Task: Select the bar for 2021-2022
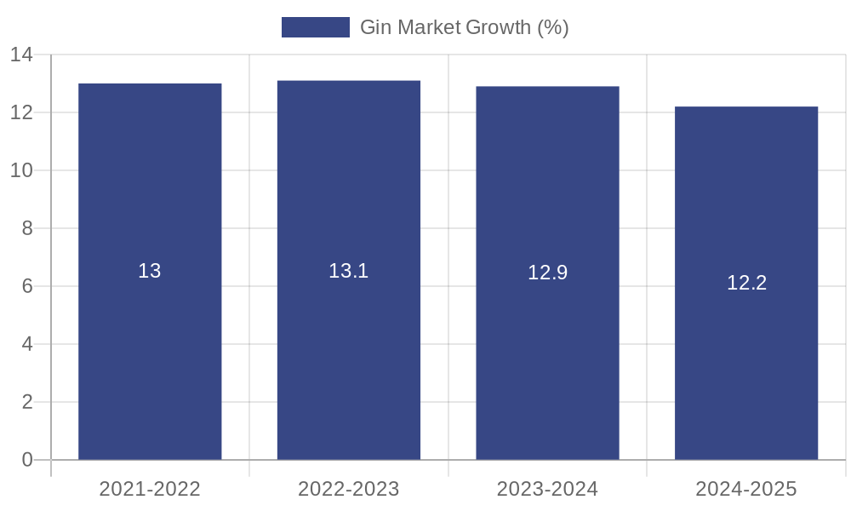pyautogui.click(x=150, y=341)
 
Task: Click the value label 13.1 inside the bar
pyautogui.click(x=349, y=271)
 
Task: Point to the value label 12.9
pyautogui.click(x=547, y=273)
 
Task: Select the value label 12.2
pyautogui.click(x=746, y=283)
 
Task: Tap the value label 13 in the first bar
pyautogui.click(x=150, y=271)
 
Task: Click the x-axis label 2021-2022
pyautogui.click(x=150, y=489)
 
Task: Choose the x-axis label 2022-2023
pyautogui.click(x=349, y=489)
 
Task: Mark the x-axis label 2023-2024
pyautogui.click(x=547, y=489)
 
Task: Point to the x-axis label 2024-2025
pyautogui.click(x=746, y=489)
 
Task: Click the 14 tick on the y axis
pyautogui.click(x=21, y=55)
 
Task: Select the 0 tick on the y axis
pyautogui.click(x=27, y=460)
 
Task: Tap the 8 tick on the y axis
pyautogui.click(x=27, y=228)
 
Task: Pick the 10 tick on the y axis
pyautogui.click(x=21, y=170)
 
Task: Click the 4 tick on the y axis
pyautogui.click(x=27, y=344)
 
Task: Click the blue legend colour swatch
pyautogui.click(x=315, y=27)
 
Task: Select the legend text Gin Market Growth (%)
pyautogui.click(x=464, y=27)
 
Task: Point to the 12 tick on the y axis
pyautogui.click(x=21, y=112)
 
